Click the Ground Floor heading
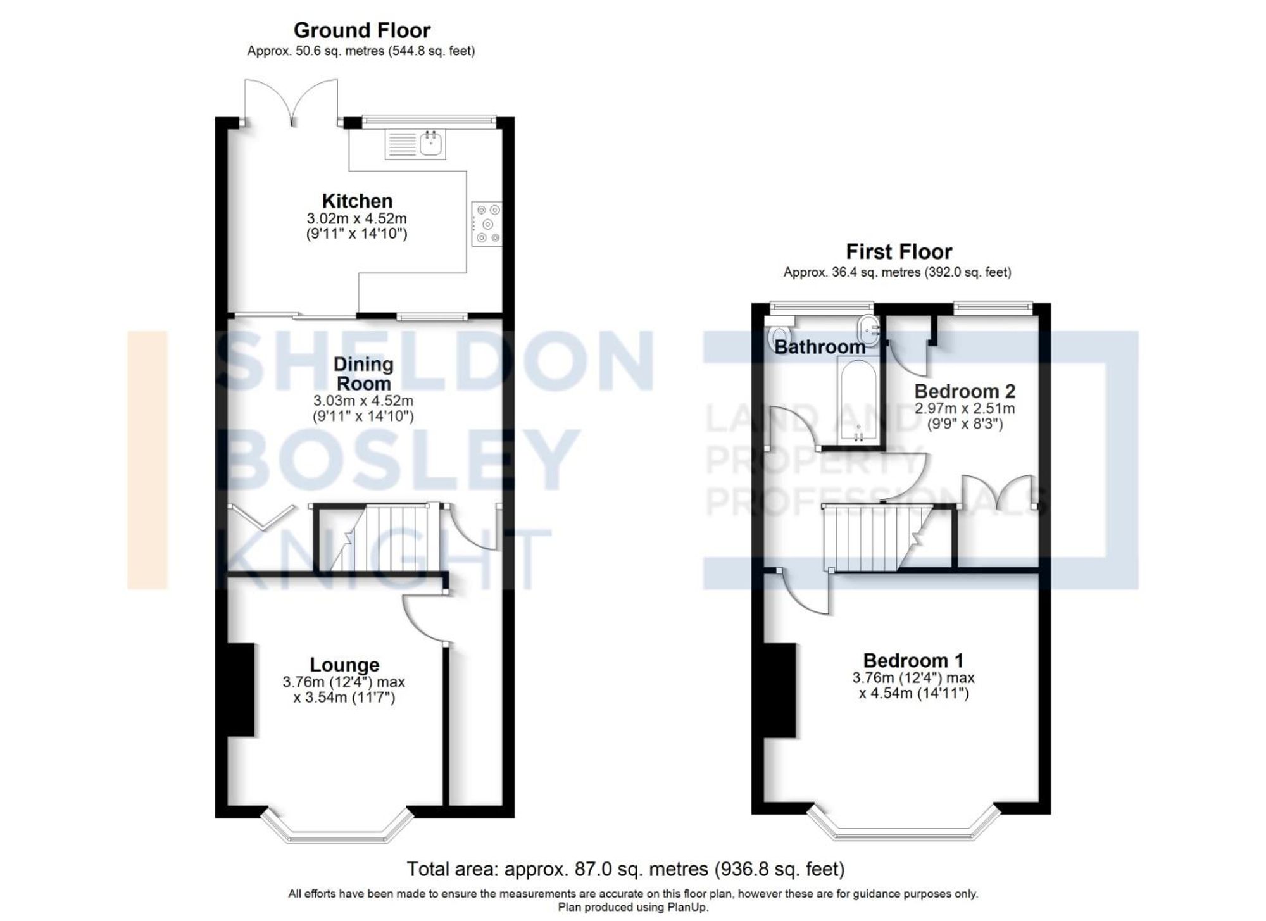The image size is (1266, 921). click(361, 30)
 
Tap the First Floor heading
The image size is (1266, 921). click(898, 252)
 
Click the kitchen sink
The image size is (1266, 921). click(431, 144)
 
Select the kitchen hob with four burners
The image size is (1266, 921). click(487, 223)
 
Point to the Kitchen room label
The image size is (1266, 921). click(357, 201)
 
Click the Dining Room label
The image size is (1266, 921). click(363, 373)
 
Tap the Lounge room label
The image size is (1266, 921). click(344, 665)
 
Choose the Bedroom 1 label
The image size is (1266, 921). click(913, 660)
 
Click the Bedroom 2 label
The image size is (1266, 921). click(965, 391)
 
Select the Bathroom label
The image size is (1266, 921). click(820, 347)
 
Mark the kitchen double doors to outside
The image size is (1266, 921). click(292, 101)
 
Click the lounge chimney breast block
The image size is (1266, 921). click(241, 690)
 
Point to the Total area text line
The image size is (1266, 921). click(625, 869)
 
